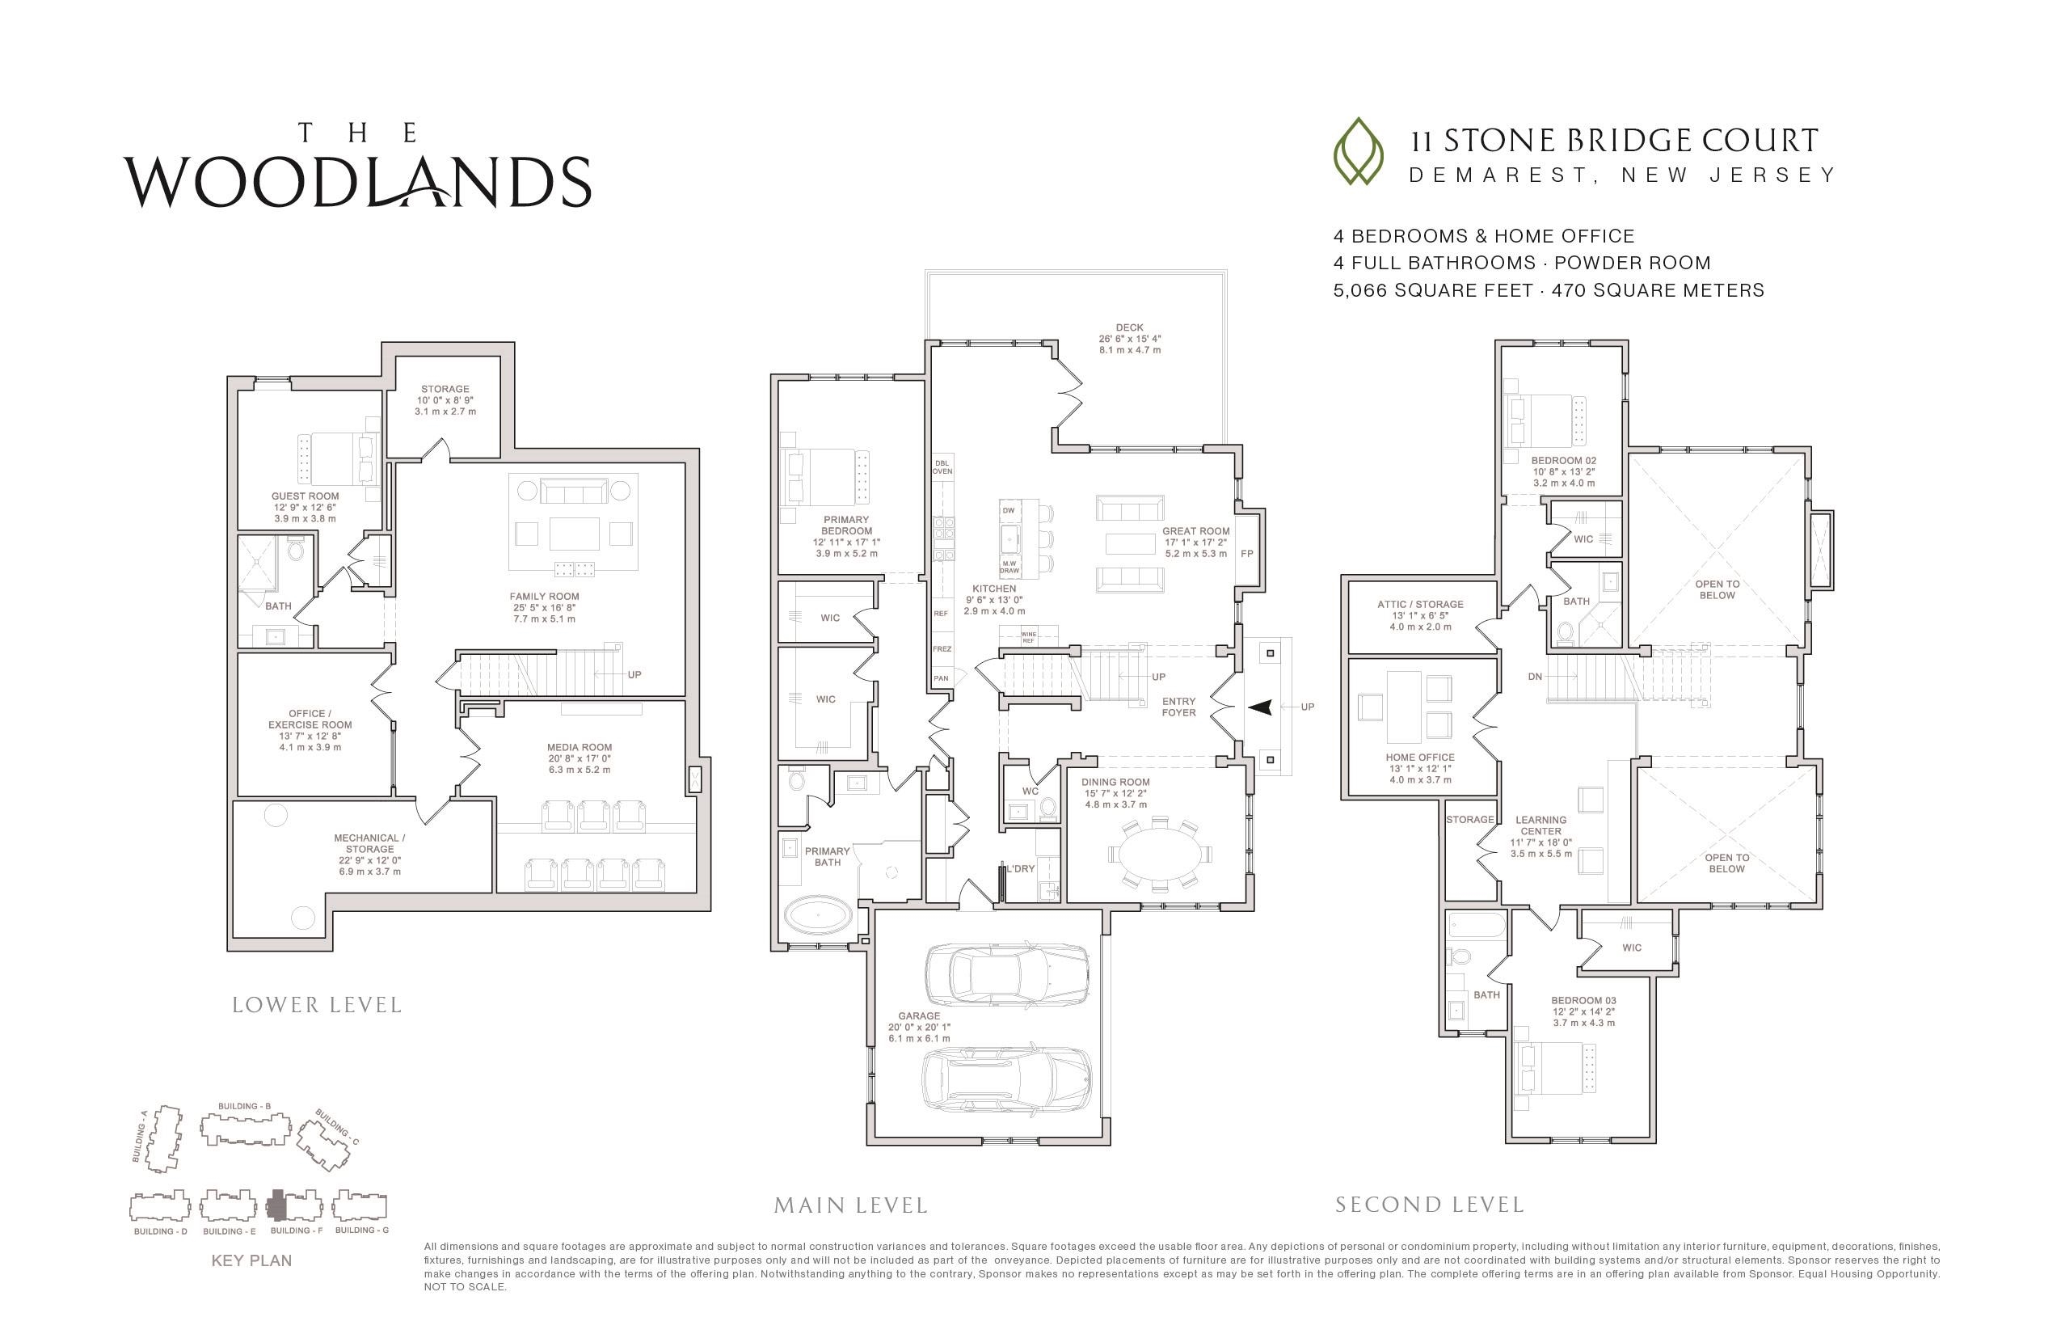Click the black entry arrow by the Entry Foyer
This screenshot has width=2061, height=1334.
(1260, 707)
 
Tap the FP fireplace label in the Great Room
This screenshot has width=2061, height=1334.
(1247, 554)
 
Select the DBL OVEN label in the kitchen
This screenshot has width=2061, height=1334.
(942, 467)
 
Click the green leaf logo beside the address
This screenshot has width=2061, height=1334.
(1359, 152)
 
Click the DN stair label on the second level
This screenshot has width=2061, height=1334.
(1536, 677)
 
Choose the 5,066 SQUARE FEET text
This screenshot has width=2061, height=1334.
(1433, 290)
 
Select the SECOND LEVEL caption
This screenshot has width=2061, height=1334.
(1430, 1205)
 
